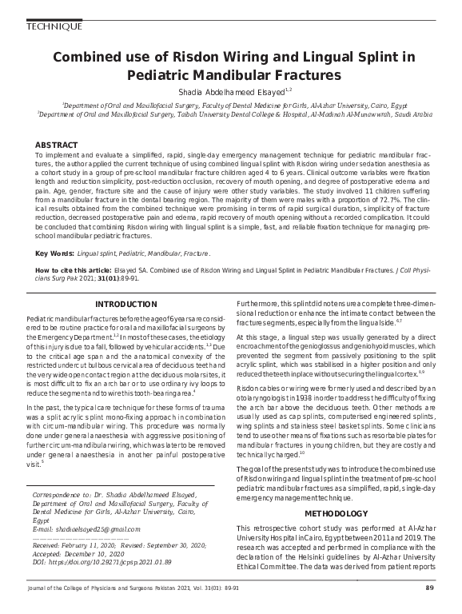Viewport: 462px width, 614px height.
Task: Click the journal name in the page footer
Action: point(120,588)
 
